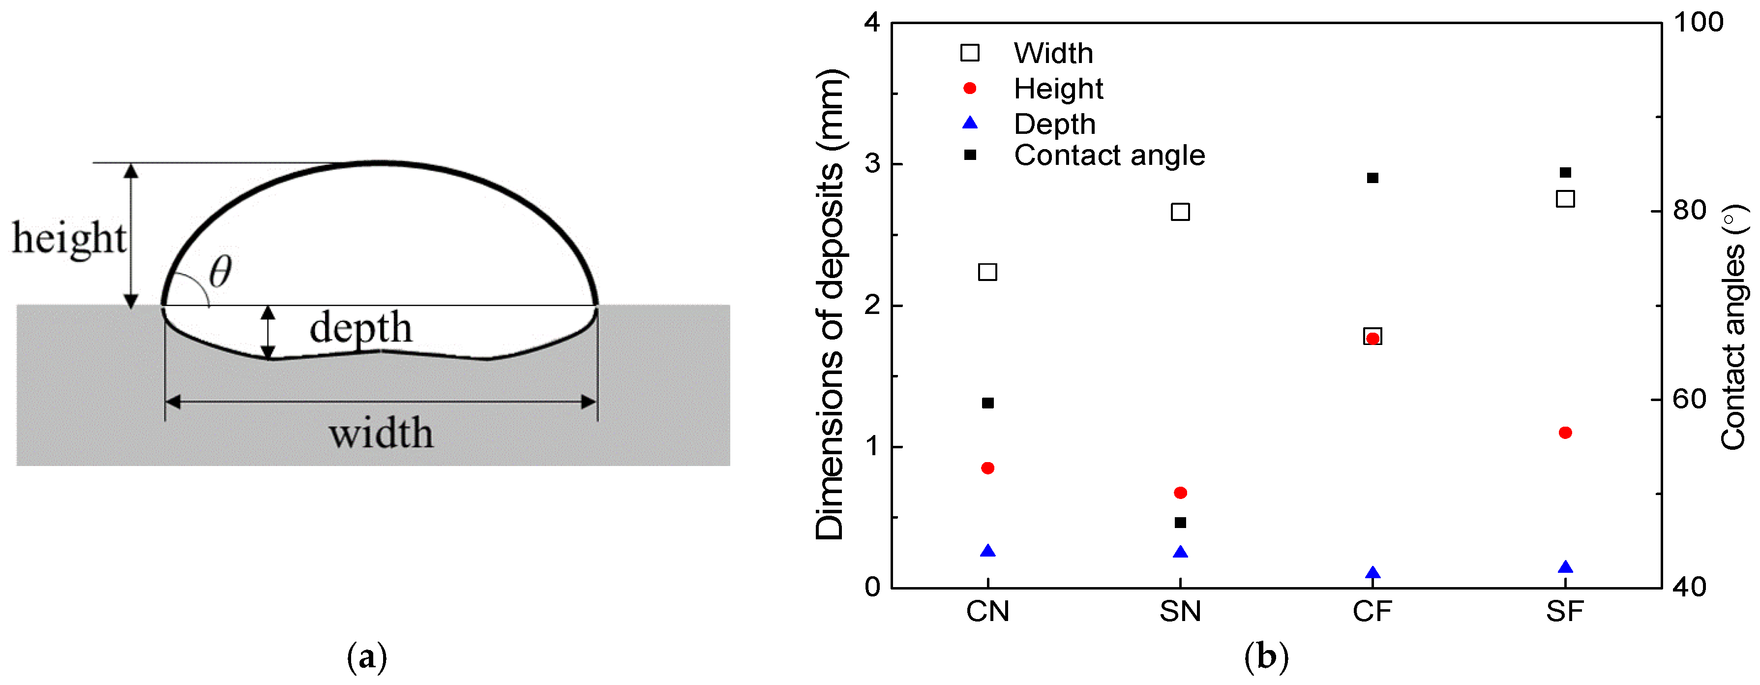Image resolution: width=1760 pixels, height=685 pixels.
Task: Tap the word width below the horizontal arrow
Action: (381, 434)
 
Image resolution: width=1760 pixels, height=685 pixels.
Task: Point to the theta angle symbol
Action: (220, 272)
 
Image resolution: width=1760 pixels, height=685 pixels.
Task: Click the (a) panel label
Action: (367, 657)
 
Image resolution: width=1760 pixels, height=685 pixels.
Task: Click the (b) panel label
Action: (1266, 657)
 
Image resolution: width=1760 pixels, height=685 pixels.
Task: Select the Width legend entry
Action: (1053, 53)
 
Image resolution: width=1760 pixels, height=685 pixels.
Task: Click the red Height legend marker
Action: (970, 88)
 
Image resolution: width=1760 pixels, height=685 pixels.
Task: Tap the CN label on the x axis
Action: (987, 611)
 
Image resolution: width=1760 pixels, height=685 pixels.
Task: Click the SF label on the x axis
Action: (1565, 611)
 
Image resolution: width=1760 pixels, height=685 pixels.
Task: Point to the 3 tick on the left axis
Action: (872, 164)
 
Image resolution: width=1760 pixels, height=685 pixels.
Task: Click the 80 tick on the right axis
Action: (1690, 211)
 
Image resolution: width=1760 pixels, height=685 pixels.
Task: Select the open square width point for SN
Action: (1180, 212)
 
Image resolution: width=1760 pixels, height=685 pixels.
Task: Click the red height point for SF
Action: (1565, 433)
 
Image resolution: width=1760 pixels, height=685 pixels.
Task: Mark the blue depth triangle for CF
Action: (1372, 573)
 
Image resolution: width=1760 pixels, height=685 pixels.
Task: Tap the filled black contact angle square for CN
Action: (987, 404)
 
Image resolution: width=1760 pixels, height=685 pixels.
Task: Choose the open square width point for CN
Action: (987, 272)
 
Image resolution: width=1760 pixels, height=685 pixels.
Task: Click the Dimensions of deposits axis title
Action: (830, 304)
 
